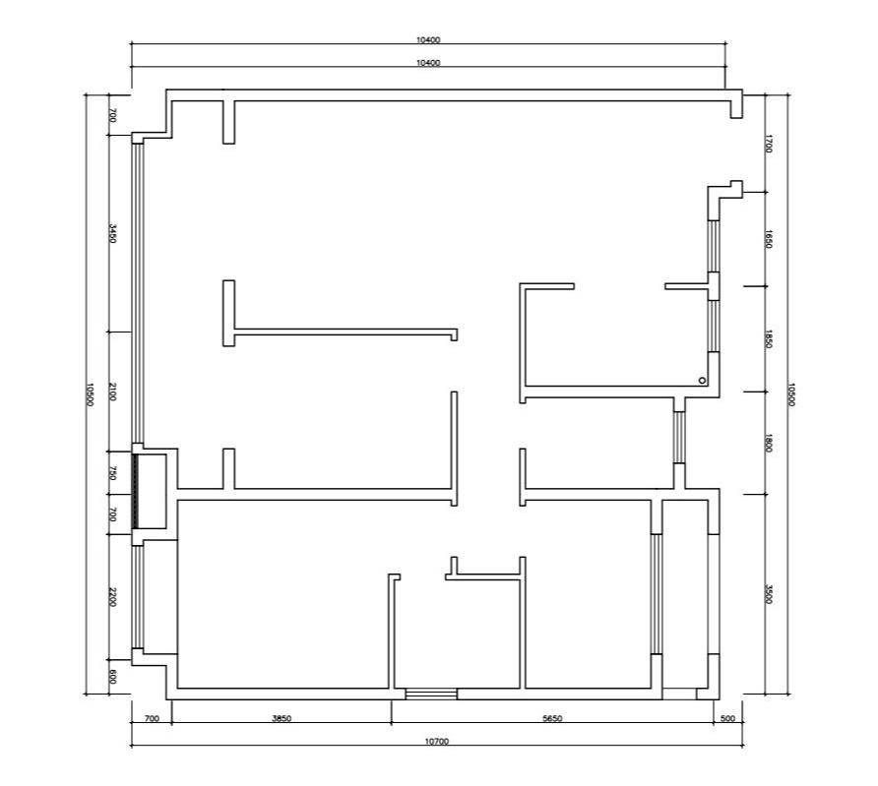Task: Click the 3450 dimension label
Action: coord(112,233)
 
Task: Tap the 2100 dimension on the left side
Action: coord(112,392)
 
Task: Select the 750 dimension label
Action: coord(112,473)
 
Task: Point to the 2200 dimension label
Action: coord(112,597)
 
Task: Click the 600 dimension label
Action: coord(112,677)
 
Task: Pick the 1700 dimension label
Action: coord(768,144)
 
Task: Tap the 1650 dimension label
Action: coord(768,239)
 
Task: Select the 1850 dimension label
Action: coord(768,339)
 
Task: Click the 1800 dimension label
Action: coord(768,443)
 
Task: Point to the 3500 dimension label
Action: coord(768,594)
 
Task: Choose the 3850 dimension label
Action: coord(282,718)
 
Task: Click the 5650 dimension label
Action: coord(552,718)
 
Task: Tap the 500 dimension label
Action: coord(727,718)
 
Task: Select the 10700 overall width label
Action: coord(437,742)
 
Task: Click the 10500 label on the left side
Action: coord(89,394)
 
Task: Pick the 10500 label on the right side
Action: coord(791,394)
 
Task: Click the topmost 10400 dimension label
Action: coord(428,39)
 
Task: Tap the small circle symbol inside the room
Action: coord(702,381)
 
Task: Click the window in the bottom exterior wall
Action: coord(431,695)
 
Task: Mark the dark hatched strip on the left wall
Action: coord(135,491)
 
